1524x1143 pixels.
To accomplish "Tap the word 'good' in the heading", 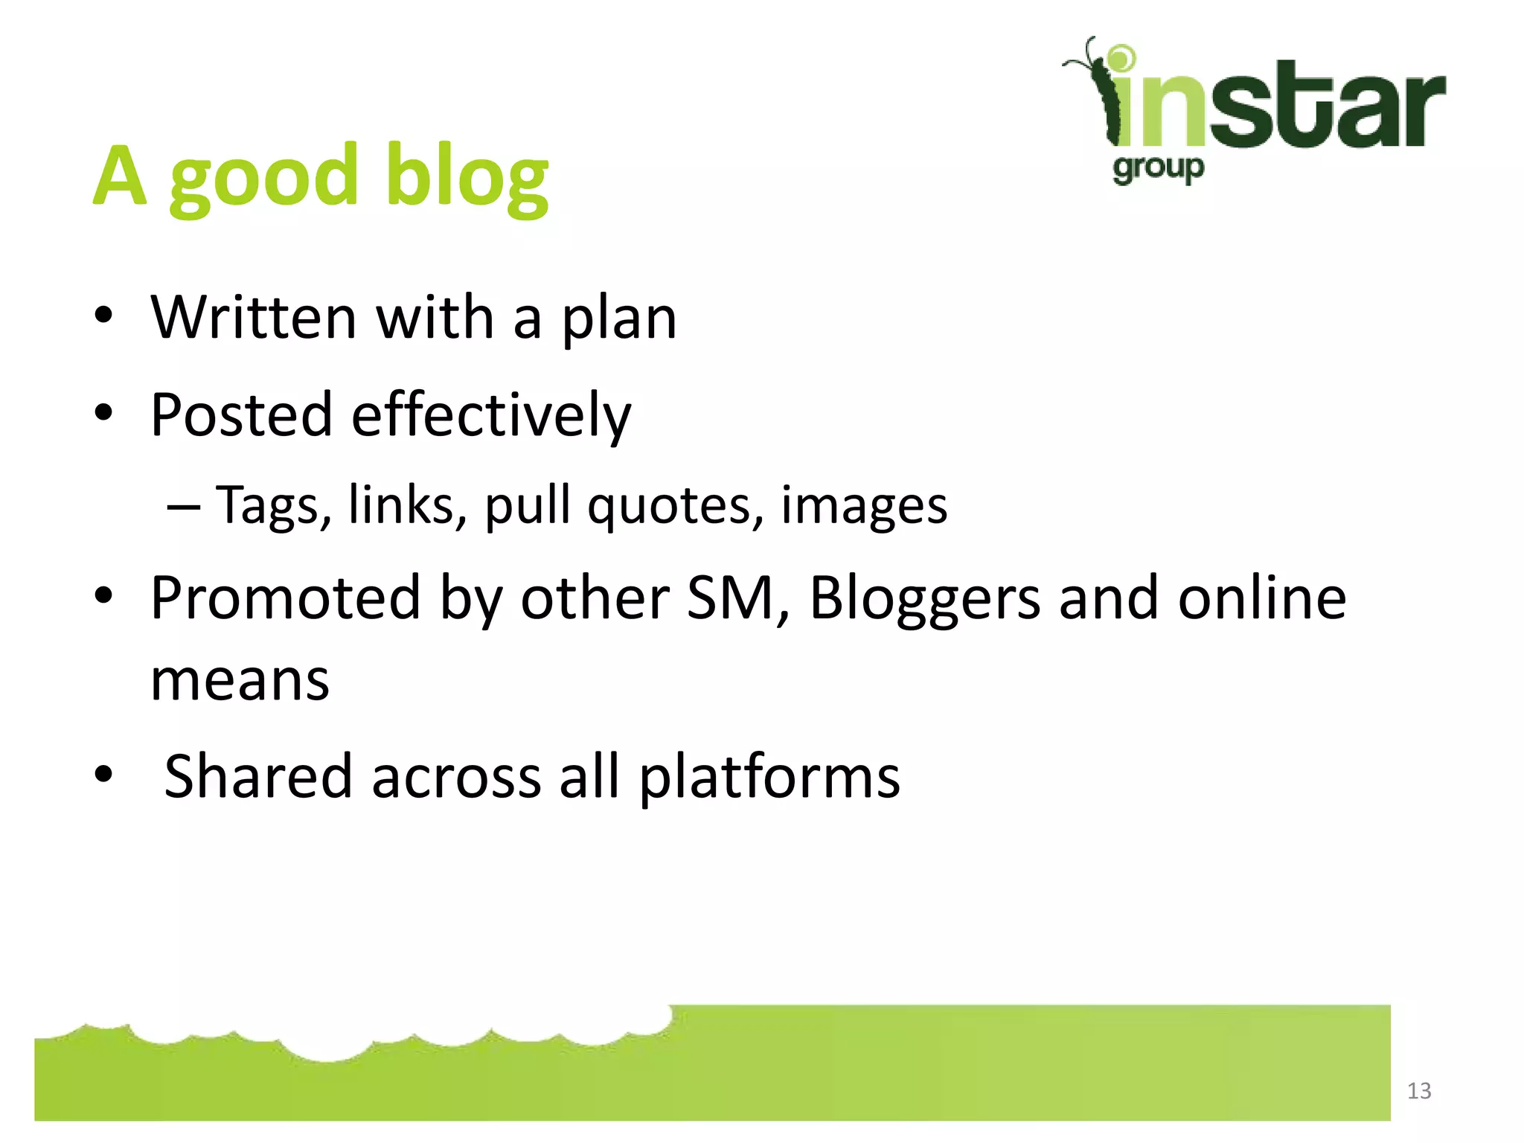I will click(264, 179).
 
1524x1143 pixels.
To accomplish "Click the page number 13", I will click(1418, 1091).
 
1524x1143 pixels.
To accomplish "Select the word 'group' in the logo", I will click(1158, 169).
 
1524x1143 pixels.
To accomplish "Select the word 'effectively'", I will click(490, 415).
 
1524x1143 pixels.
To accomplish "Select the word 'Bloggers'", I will click(925, 599).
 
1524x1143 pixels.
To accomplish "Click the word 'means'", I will click(240, 680).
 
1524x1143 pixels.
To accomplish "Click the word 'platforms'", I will click(769, 778).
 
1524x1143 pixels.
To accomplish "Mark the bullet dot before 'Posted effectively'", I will click(103, 412).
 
